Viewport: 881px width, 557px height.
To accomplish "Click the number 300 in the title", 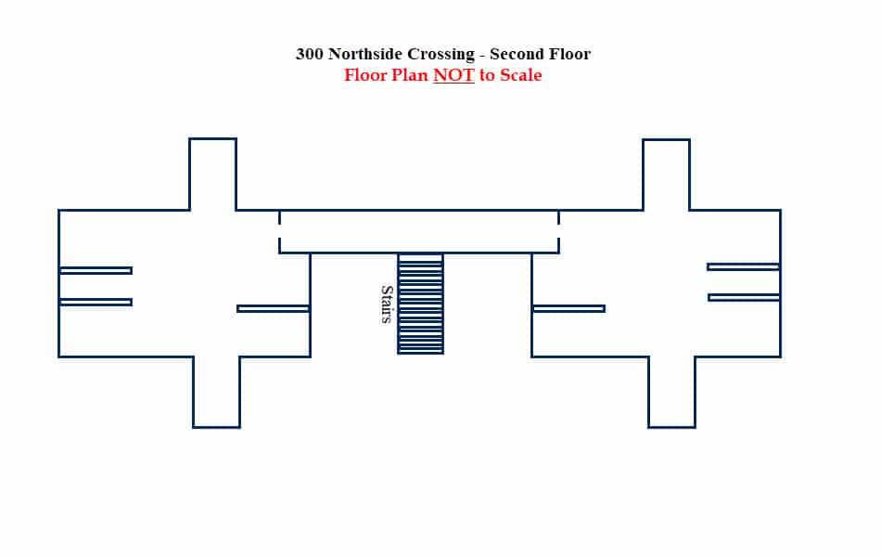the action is click(310, 54).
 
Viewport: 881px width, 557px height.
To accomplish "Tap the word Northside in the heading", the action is click(365, 54).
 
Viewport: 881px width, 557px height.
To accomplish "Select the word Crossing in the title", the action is click(441, 55).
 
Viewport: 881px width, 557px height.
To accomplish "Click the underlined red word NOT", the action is click(454, 75).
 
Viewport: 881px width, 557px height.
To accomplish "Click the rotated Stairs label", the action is click(387, 304).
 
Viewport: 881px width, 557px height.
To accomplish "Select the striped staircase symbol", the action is click(421, 304).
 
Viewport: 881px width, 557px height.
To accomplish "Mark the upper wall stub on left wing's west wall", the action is click(96, 271).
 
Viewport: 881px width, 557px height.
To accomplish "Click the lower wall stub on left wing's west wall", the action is click(96, 302).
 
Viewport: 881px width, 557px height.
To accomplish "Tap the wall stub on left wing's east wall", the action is click(274, 308).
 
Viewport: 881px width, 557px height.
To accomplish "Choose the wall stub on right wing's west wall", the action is click(568, 308).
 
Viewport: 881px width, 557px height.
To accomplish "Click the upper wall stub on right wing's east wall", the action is click(744, 266).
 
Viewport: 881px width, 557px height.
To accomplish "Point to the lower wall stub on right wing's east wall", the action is click(744, 297).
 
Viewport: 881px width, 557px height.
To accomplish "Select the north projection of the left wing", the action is click(213, 174).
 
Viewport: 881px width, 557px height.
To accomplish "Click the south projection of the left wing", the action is click(217, 392).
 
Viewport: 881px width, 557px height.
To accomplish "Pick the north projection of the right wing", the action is click(667, 175).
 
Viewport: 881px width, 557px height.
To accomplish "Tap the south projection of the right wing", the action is click(672, 392).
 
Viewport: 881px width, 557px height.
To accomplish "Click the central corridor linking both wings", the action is click(419, 232).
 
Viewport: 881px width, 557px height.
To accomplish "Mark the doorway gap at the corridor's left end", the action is click(279, 231).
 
